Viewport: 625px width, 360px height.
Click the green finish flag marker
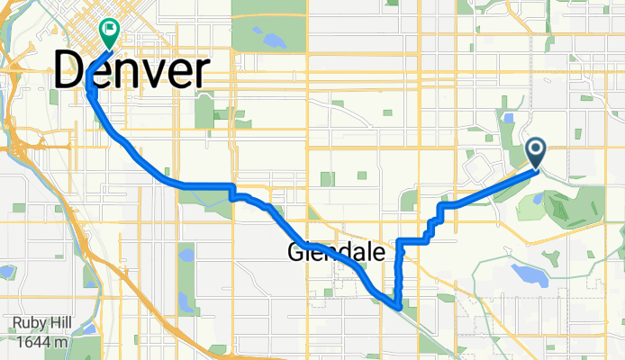click(x=110, y=32)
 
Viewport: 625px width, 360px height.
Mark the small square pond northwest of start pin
click(x=510, y=118)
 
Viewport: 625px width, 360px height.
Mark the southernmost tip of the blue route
click(x=396, y=307)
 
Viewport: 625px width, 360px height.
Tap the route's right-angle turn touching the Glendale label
click(x=401, y=241)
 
